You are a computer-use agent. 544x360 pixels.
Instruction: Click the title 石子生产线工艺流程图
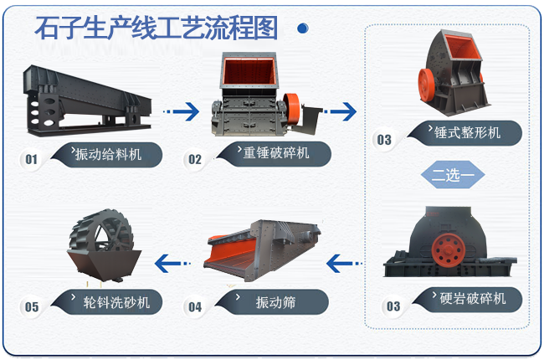tap(157, 28)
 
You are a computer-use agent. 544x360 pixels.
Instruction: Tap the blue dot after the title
tap(303, 28)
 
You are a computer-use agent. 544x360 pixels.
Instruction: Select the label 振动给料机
tap(108, 154)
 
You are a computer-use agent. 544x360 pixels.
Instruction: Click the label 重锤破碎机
tap(276, 152)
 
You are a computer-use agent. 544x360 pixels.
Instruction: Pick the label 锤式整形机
tap(467, 132)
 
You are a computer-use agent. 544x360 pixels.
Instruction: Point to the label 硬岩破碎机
tap(473, 299)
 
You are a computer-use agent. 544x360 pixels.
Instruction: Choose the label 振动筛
tap(276, 302)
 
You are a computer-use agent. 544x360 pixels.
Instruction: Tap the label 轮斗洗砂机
tap(116, 302)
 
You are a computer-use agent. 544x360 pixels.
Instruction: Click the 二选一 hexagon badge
tap(453, 175)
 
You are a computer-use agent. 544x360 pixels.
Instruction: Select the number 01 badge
tap(31, 159)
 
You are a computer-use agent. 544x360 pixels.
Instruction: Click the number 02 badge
tap(195, 159)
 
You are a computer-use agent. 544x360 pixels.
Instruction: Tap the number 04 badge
tap(195, 307)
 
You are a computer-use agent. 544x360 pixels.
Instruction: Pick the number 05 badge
tap(32, 307)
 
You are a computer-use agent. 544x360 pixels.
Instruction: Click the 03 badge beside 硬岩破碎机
tap(393, 306)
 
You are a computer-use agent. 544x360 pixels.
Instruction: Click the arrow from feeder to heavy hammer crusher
tap(181, 111)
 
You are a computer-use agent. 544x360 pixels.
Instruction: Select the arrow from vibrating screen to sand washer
tap(172, 264)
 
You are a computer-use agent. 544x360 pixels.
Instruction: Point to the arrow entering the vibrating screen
tap(344, 264)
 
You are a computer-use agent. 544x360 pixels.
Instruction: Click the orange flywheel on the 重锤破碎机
tap(292, 108)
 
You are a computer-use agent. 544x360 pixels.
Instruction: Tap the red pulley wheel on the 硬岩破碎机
tap(449, 250)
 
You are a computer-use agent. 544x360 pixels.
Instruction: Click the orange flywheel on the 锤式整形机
tap(426, 85)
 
